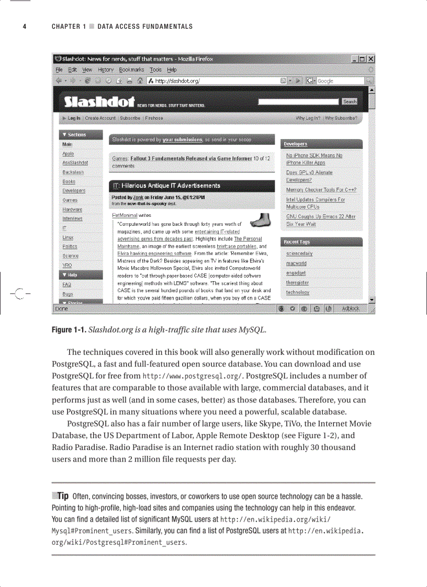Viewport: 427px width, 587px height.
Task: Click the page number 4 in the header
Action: click(24, 27)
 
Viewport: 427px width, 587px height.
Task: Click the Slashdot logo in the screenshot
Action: click(99, 101)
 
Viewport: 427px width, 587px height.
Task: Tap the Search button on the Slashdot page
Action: click(350, 101)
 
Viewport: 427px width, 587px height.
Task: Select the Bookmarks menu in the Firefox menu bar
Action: click(131, 70)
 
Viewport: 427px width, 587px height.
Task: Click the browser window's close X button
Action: click(370, 59)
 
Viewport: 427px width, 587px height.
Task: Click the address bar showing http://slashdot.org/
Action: click(215, 80)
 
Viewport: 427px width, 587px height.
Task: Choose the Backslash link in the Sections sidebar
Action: click(73, 172)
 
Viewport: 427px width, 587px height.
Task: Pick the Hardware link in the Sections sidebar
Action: click(72, 209)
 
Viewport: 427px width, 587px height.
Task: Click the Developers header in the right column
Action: click(296, 144)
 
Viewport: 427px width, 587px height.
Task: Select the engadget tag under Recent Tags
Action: click(296, 273)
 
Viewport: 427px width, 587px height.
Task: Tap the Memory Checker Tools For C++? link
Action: click(321, 190)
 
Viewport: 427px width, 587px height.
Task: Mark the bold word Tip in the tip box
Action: click(62, 496)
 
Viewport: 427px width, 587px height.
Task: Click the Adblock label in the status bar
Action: click(351, 308)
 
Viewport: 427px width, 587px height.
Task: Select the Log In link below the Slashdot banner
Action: click(74, 118)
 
